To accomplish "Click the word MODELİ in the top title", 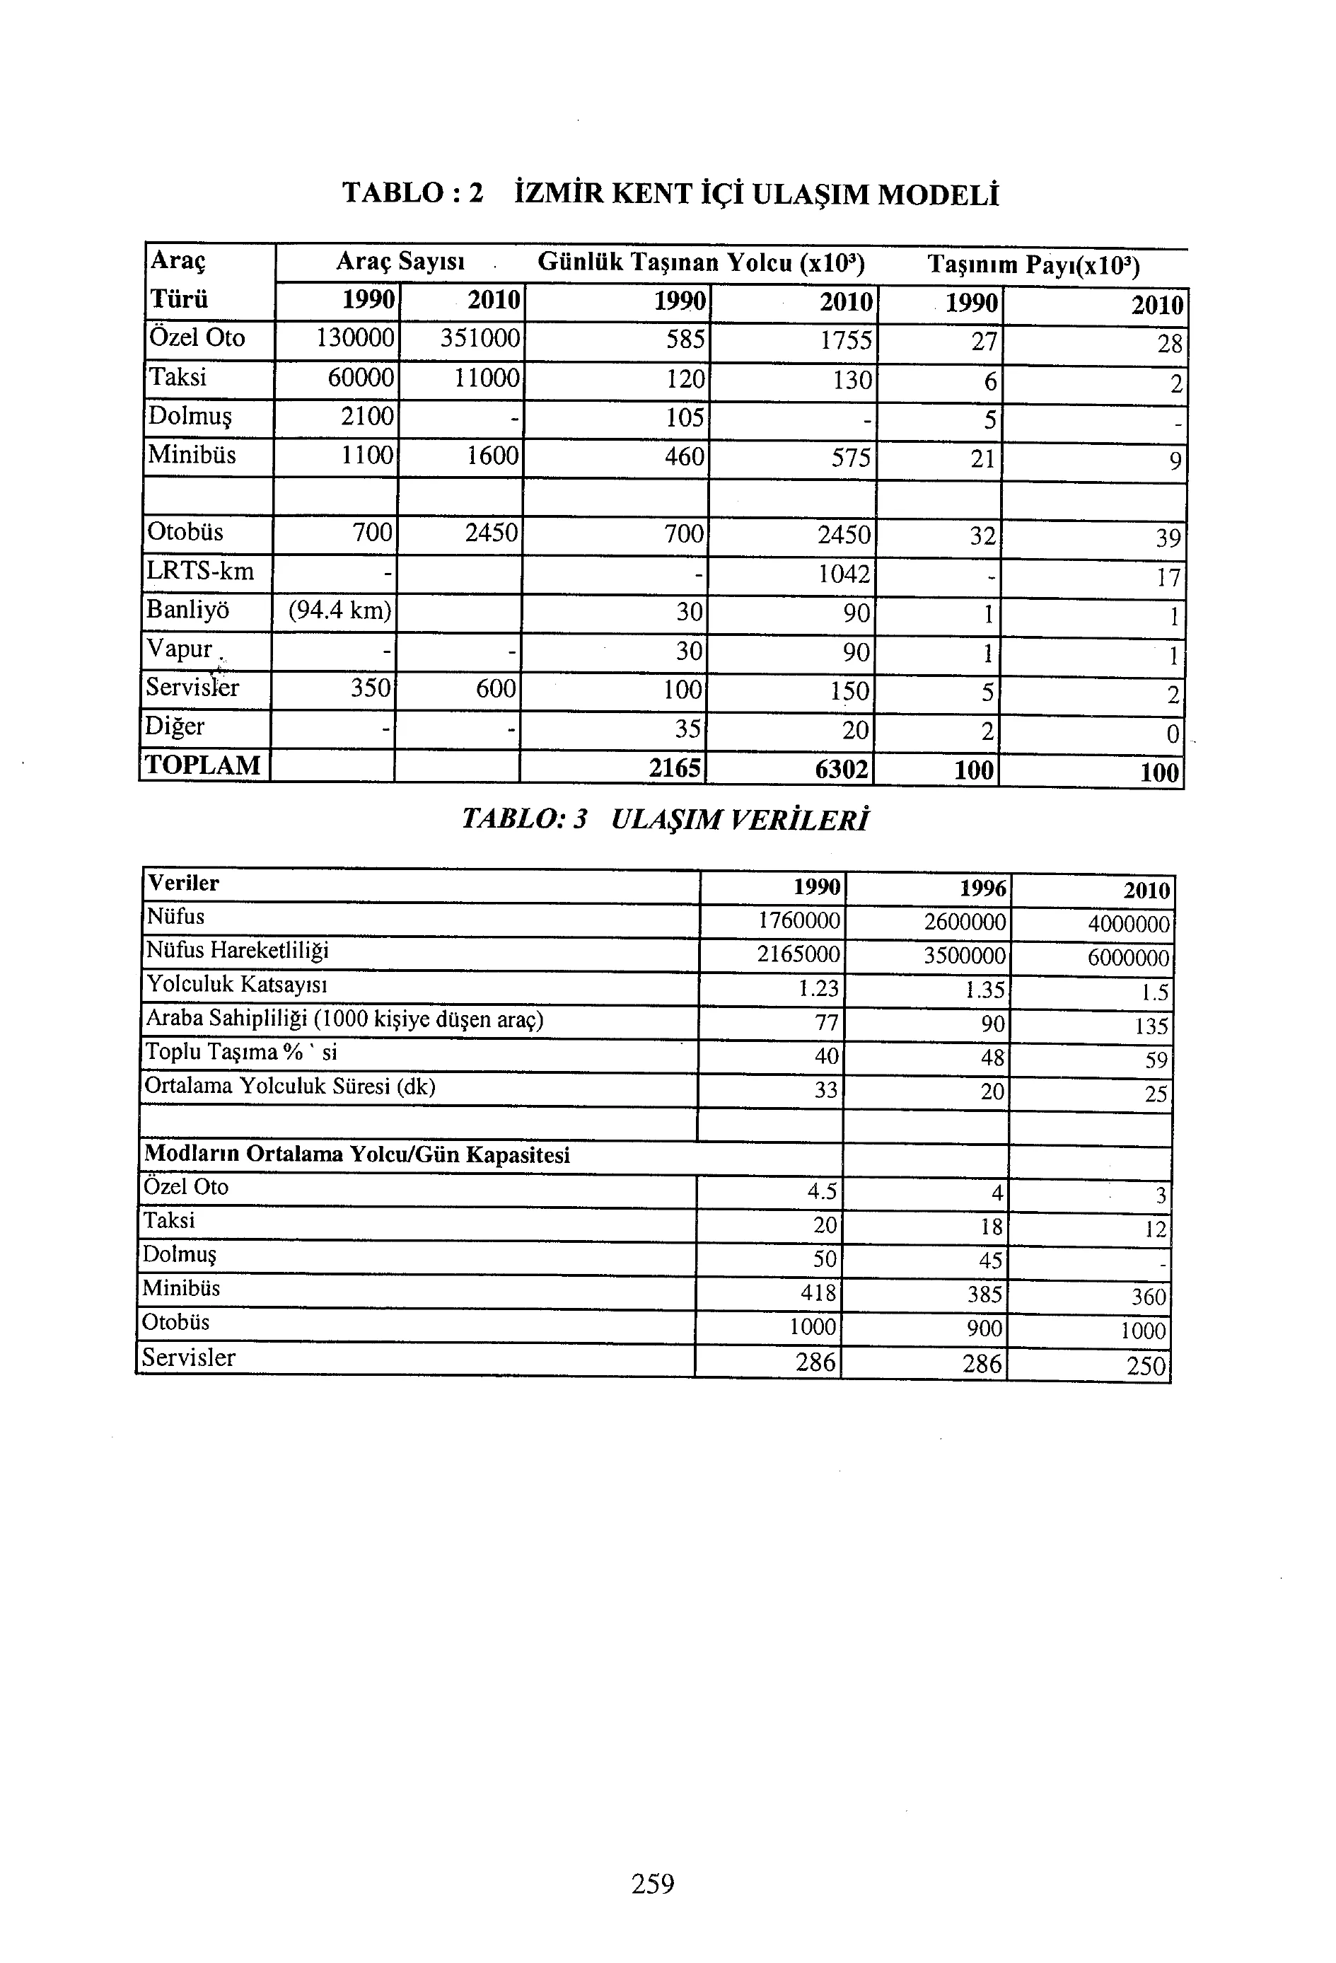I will (x=939, y=195).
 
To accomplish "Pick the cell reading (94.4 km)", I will (x=339, y=610).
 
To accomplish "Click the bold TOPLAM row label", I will (x=204, y=765).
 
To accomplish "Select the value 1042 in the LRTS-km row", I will (x=844, y=574).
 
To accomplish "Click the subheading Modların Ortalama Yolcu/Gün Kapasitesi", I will (x=356, y=1154).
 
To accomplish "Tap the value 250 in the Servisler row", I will (x=1146, y=1366).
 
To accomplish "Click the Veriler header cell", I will (x=183, y=884).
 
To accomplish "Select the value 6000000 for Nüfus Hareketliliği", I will (x=1128, y=958).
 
